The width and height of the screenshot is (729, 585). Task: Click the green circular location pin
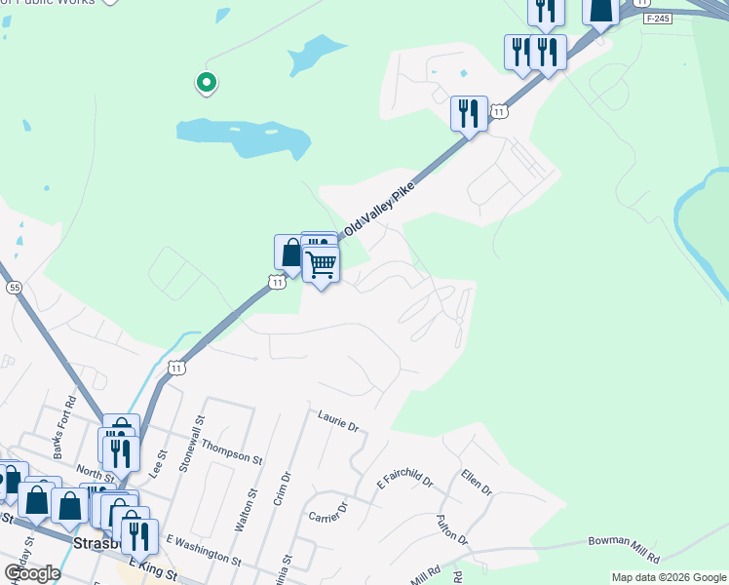pyautogui.click(x=206, y=83)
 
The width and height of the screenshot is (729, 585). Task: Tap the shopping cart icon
pyautogui.click(x=321, y=264)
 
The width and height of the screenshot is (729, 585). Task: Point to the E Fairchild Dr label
pyautogui.click(x=405, y=480)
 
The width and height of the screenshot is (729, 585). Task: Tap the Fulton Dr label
pyautogui.click(x=453, y=529)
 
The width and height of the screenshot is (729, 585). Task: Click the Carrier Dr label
pyautogui.click(x=328, y=513)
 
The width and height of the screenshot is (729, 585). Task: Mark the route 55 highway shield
pyautogui.click(x=14, y=288)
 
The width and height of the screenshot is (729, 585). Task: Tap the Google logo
pyautogui.click(x=33, y=573)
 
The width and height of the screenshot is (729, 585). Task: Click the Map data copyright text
pyautogui.click(x=669, y=577)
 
